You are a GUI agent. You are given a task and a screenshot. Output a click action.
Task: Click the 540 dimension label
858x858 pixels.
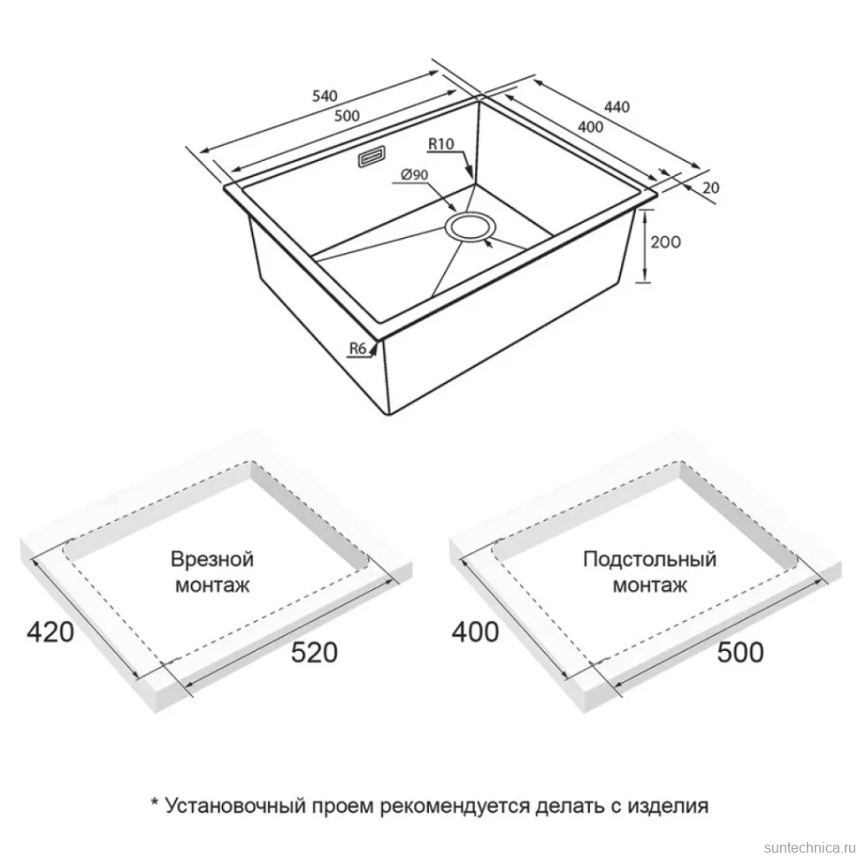point(325,96)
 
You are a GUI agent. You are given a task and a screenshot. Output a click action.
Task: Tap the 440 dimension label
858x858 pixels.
point(617,107)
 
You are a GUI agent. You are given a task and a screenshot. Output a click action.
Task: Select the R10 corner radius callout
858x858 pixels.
point(441,144)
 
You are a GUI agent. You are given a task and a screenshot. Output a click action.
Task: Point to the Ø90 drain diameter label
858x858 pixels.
point(414,175)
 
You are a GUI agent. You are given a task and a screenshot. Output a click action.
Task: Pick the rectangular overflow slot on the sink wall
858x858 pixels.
point(372,157)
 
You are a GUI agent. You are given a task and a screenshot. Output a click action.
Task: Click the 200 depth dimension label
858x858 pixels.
point(665,241)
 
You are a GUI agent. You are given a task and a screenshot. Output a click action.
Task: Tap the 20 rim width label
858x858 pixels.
point(710,188)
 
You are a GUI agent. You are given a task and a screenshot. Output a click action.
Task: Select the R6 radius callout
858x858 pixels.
point(357,348)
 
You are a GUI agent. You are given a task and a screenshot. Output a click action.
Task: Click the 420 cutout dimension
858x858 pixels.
point(50,632)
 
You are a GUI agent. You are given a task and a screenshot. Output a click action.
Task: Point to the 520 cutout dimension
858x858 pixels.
point(314,652)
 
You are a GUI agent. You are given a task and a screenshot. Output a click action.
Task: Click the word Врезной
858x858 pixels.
point(212,559)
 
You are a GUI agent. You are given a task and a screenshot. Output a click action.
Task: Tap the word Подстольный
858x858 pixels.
point(649,559)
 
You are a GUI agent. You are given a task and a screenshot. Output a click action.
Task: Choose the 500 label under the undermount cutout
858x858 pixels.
point(739,652)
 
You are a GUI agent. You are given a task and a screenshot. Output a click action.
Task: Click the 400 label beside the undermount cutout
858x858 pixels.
point(475,632)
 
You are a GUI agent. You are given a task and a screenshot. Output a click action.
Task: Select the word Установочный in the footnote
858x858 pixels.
point(235,806)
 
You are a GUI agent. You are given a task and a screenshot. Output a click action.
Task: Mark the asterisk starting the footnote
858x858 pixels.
point(155,802)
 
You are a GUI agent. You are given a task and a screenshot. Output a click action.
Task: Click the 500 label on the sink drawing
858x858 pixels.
point(347,116)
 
